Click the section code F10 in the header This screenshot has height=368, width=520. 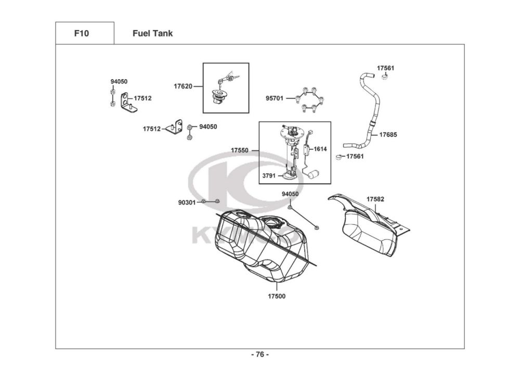(82, 33)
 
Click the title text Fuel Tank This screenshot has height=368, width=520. (152, 33)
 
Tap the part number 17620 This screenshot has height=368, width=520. (183, 86)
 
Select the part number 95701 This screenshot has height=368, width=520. (275, 98)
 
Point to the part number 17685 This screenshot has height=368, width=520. (388, 134)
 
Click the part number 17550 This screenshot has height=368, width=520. (240, 150)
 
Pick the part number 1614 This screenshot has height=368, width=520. (320, 149)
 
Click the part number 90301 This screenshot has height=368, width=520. (187, 202)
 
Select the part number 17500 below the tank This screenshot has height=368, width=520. (277, 296)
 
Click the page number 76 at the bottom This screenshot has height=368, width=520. (260, 354)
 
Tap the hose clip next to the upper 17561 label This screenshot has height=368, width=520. (386, 77)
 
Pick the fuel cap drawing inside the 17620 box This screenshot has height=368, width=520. (219, 96)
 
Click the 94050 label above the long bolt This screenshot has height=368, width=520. (290, 194)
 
